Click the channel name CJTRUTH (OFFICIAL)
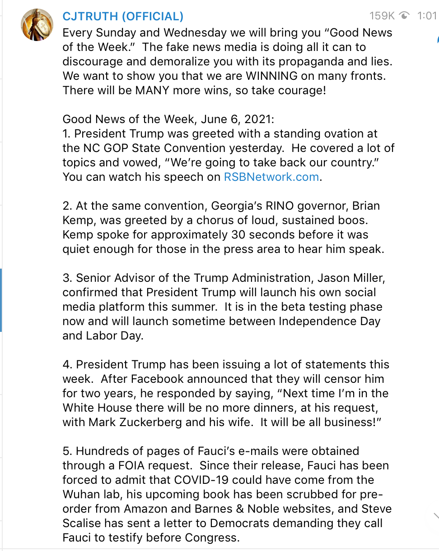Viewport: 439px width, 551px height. pyautogui.click(x=123, y=17)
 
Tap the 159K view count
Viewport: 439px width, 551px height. pyautogui.click(x=382, y=16)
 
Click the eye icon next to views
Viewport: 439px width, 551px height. pyautogui.click(x=405, y=16)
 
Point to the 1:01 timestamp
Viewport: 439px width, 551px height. pyautogui.click(x=427, y=16)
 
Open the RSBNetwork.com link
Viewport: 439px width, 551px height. pyautogui.click(x=271, y=177)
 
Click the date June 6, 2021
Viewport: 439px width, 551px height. pyautogui.click(x=236, y=119)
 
